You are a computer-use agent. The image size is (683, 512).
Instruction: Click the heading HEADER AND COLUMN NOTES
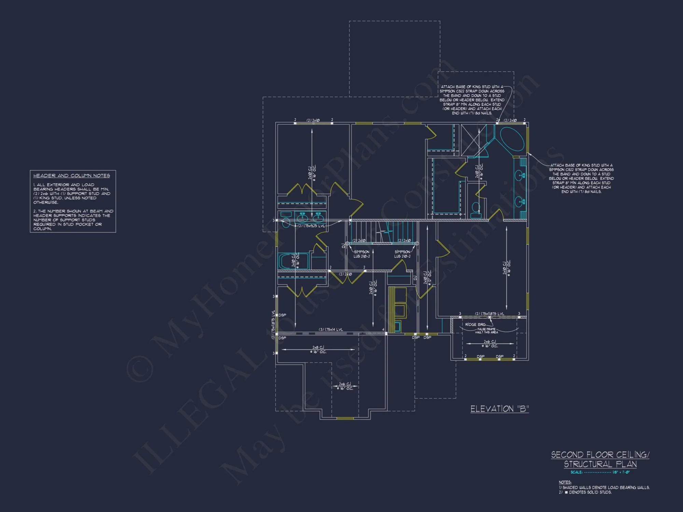pyautogui.click(x=71, y=175)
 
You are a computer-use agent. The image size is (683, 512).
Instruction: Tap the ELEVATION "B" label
pyautogui.click(x=499, y=409)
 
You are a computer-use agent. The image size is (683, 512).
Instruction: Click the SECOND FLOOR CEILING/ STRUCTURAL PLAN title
pyautogui.click(x=600, y=459)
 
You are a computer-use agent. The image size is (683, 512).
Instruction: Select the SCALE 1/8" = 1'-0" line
pyautogui.click(x=600, y=472)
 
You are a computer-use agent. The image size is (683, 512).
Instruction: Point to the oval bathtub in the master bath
pyautogui.click(x=512, y=139)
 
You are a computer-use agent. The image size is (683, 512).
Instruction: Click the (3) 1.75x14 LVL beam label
pyautogui.click(x=331, y=329)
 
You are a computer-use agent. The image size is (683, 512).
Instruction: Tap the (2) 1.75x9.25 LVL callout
pyautogui.click(x=311, y=226)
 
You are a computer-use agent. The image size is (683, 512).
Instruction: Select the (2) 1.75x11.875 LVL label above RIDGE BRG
pyautogui.click(x=489, y=314)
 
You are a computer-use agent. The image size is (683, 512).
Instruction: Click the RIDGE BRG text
pyautogui.click(x=475, y=324)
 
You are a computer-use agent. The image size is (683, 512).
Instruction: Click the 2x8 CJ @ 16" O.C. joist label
pyautogui.click(x=318, y=350)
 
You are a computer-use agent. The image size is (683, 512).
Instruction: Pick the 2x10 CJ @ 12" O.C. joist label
pyautogui.click(x=427, y=278)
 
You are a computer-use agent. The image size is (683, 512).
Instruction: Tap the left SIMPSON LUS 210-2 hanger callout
pyautogui.click(x=361, y=254)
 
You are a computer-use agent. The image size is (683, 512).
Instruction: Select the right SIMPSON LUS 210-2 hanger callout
pyautogui.click(x=402, y=254)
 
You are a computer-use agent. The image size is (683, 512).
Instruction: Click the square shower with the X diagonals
pyautogui.click(x=474, y=140)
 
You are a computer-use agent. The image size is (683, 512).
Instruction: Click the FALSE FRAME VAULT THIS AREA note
pyautogui.click(x=486, y=331)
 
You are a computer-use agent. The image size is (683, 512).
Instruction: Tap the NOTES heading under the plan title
pyautogui.click(x=565, y=482)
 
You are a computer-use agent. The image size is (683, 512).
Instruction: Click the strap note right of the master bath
pyautogui.click(x=581, y=178)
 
